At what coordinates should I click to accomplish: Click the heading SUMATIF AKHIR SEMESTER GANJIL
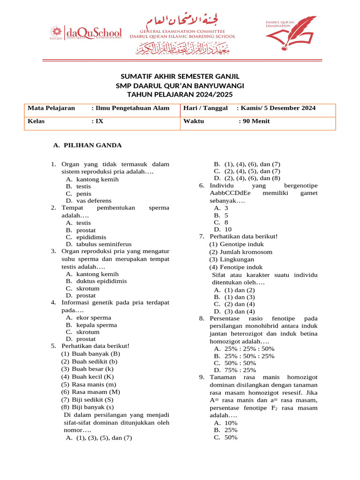click(x=180, y=76)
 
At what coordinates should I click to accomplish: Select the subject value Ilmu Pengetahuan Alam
click(x=130, y=108)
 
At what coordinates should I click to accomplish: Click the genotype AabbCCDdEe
click(x=230, y=193)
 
